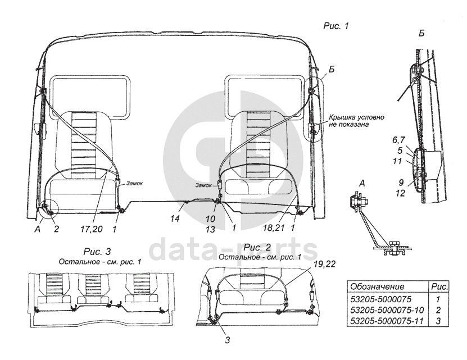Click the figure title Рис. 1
point(335,26)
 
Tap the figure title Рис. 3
point(97,252)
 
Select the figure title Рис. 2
point(257,247)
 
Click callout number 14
point(175,218)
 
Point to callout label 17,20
point(92,229)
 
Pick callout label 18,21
point(274,228)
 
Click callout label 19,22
point(324,264)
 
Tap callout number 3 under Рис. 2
point(227,340)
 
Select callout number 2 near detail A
point(56,229)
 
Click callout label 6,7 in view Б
point(398,140)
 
